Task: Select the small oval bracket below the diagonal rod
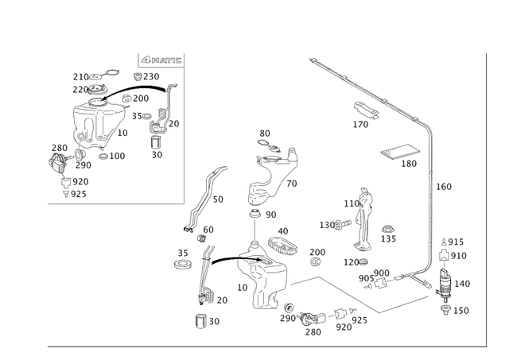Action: (365, 110)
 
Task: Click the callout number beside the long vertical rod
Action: (443, 186)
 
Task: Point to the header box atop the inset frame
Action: (161, 60)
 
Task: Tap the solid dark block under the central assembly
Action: (259, 301)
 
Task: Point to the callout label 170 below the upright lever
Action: (355, 260)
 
